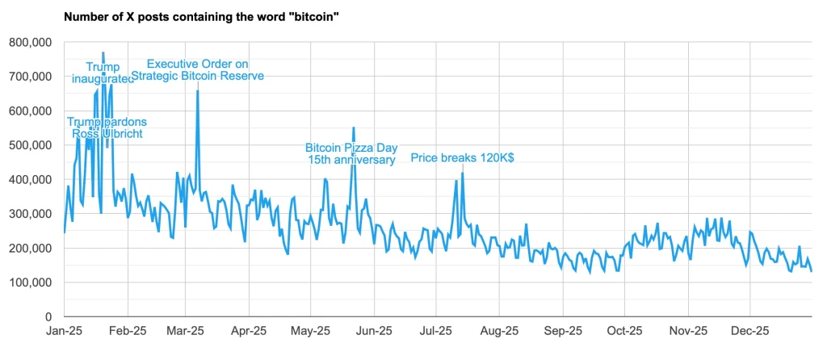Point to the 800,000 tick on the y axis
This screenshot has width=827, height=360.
pyautogui.click(x=29, y=42)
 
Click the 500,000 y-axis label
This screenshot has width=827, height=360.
pyautogui.click(x=29, y=145)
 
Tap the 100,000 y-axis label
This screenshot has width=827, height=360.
pyautogui.click(x=29, y=283)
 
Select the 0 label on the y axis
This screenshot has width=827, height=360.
pyautogui.click(x=48, y=317)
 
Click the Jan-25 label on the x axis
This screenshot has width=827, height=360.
pyautogui.click(x=64, y=331)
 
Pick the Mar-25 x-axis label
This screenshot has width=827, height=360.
pyautogui.click(x=185, y=331)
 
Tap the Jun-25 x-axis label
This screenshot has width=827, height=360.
pyautogui.click(x=374, y=331)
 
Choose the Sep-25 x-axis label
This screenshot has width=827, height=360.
pyautogui.click(x=562, y=331)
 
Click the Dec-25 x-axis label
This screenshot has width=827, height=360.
pyautogui.click(x=749, y=331)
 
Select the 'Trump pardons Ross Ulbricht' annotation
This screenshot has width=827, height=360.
pyautogui.click(x=107, y=128)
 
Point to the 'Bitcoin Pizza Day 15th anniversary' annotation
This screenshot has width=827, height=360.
pyautogui.click(x=351, y=153)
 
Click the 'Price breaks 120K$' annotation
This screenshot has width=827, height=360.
pyautogui.click(x=462, y=158)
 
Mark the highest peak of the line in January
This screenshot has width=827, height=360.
pyautogui.click(x=103, y=52)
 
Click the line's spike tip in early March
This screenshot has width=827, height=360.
pyautogui.click(x=198, y=91)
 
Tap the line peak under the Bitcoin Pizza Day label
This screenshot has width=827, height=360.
pyautogui.click(x=354, y=128)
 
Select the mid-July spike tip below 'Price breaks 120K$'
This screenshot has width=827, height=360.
pyautogui.click(x=463, y=173)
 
